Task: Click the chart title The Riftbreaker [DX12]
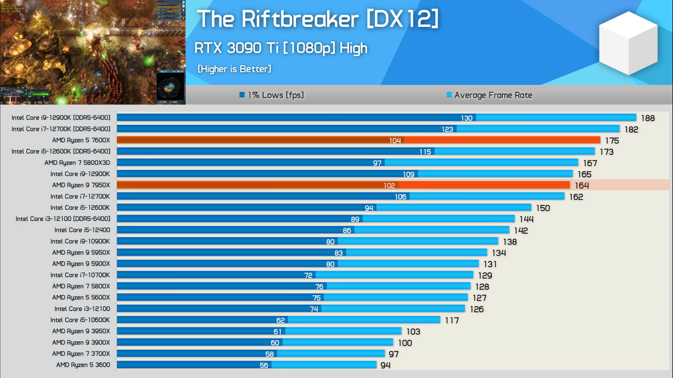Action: pyautogui.click(x=317, y=19)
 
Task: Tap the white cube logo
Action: pyautogui.click(x=628, y=43)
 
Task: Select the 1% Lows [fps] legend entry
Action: pyautogui.click(x=272, y=95)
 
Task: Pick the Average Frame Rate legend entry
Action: pyautogui.click(x=490, y=95)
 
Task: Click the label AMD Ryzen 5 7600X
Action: pyautogui.click(x=81, y=140)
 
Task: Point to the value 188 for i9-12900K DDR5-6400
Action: pyautogui.click(x=648, y=118)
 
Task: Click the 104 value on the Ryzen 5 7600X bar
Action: pyautogui.click(x=395, y=141)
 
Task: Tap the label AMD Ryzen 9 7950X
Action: pyautogui.click(x=81, y=185)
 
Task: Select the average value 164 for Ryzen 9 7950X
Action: pyautogui.click(x=582, y=186)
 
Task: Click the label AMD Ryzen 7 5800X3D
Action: pyautogui.click(x=77, y=163)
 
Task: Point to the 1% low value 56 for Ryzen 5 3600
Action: pyautogui.click(x=264, y=365)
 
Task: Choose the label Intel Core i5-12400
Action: pyautogui.click(x=82, y=230)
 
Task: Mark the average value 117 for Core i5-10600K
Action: pyautogui.click(x=452, y=320)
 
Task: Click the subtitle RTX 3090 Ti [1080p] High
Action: pyautogui.click(x=281, y=48)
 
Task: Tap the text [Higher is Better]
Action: pyautogui.click(x=234, y=69)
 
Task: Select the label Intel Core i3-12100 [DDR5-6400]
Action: pyautogui.click(x=63, y=219)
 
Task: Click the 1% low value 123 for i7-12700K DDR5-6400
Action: pyautogui.click(x=447, y=129)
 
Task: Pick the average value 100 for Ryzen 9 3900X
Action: pyautogui.click(x=405, y=343)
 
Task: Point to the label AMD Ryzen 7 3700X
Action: pyautogui.click(x=81, y=354)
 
